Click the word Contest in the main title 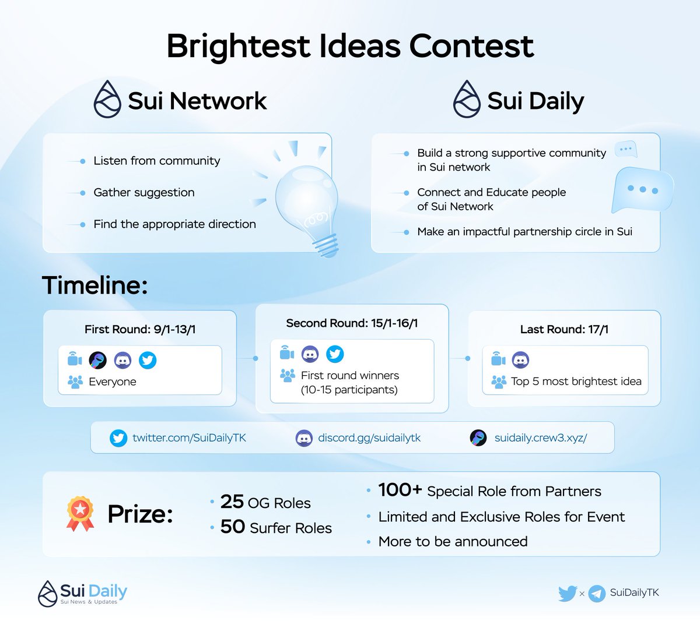click(471, 46)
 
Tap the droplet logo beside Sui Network click(107, 100)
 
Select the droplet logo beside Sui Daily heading click(467, 100)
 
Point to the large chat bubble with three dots click(641, 190)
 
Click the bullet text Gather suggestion click(144, 192)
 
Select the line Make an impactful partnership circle click(524, 231)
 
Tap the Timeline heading click(94, 285)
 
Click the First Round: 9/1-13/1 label click(140, 329)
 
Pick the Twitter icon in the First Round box click(148, 360)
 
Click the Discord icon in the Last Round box click(520, 360)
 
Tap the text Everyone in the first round click(113, 382)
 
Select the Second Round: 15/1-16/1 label click(352, 323)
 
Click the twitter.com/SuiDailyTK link click(189, 437)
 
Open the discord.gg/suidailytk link click(369, 437)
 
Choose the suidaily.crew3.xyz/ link click(540, 437)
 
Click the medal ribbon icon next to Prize click(80, 513)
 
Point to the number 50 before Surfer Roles click(232, 527)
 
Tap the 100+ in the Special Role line click(400, 490)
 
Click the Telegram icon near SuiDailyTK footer click(596, 594)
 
